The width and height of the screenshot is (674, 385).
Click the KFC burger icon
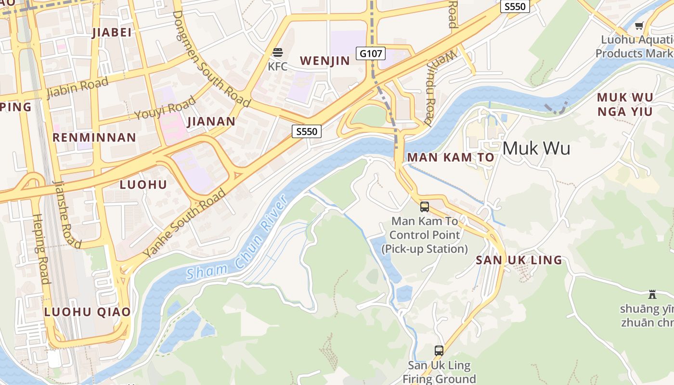277,52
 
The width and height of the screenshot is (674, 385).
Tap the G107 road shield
371,53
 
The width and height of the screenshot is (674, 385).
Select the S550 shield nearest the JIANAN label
306,131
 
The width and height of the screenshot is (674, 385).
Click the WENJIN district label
325,61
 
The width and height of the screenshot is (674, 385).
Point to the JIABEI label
112,32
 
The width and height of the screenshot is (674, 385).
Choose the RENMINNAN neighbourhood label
94,138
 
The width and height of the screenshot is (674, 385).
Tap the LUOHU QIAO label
87,311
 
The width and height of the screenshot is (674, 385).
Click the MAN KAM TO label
451,157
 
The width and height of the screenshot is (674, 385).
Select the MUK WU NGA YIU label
625,104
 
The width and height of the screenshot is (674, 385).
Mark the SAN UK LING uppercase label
519,260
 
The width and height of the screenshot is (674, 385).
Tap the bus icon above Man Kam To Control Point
425,207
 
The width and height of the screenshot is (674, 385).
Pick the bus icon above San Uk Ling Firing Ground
439,350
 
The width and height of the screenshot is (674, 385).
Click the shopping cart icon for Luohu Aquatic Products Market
639,26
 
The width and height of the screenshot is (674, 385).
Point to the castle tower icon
652,294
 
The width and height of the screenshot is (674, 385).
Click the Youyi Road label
165,107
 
